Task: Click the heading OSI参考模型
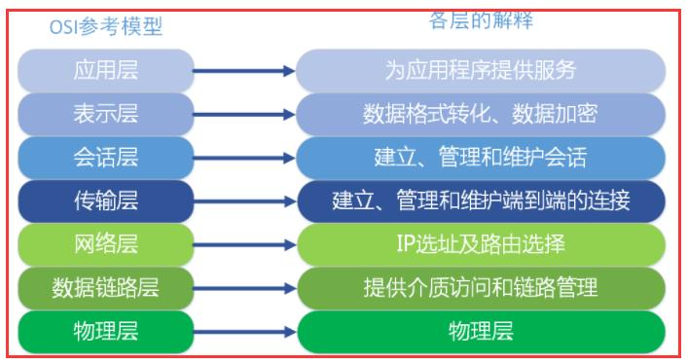coord(106,27)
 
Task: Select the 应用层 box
coord(106,70)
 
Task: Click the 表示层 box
coord(106,113)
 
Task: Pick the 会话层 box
coord(106,157)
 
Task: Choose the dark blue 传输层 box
coord(106,200)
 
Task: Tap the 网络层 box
coord(106,243)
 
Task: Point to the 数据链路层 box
coord(106,287)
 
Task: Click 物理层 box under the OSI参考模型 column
coord(106,331)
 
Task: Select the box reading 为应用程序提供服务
coord(481,70)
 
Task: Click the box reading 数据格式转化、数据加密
coord(481,113)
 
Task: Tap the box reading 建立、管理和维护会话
coord(481,157)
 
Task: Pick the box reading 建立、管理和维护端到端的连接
coord(481,200)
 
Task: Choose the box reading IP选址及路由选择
coord(481,243)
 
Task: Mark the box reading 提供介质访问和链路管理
coord(481,287)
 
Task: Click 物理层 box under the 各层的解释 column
coord(481,331)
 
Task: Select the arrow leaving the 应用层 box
coord(243,70)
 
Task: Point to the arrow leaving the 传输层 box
coord(243,201)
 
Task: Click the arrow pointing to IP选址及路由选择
coord(243,244)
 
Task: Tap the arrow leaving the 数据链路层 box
coord(243,288)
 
